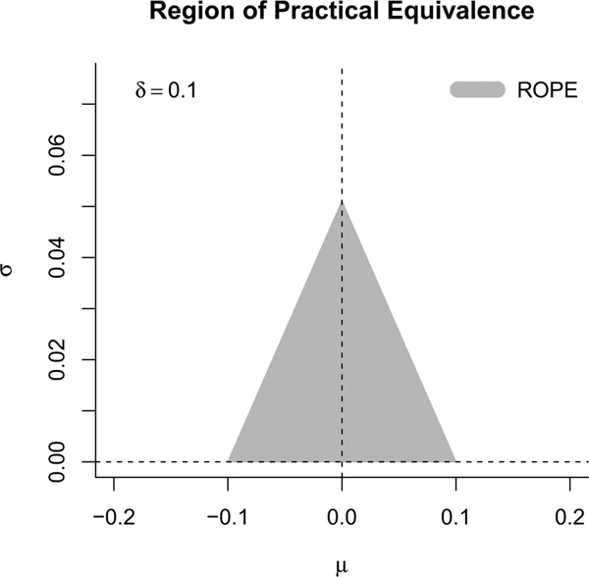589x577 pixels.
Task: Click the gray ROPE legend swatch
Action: pyautogui.click(x=476, y=90)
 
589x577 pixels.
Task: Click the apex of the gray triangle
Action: pyautogui.click(x=342, y=201)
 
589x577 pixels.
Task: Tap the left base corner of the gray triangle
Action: pyautogui.click(x=229, y=461)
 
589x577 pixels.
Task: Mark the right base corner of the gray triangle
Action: pyautogui.click(x=455, y=461)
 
